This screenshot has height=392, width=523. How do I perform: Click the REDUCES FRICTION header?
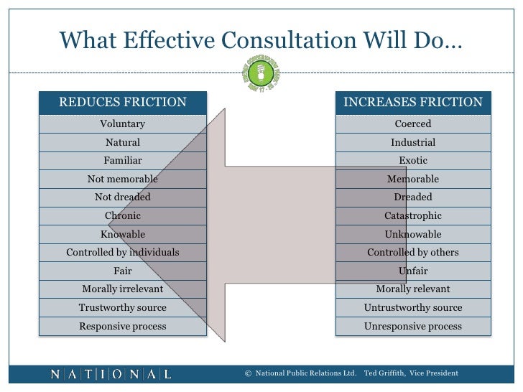pyautogui.click(x=122, y=102)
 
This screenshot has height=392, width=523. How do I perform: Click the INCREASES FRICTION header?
pyautogui.click(x=413, y=102)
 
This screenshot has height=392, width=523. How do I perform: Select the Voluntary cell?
pyautogui.click(x=122, y=124)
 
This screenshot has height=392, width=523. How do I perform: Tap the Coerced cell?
pyautogui.click(x=413, y=124)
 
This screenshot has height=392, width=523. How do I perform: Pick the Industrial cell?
pyautogui.click(x=413, y=143)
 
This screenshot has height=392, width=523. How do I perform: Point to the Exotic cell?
pyautogui.click(x=413, y=161)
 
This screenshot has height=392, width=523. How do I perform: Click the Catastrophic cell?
pyautogui.click(x=413, y=216)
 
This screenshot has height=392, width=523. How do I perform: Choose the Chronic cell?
pyautogui.click(x=122, y=216)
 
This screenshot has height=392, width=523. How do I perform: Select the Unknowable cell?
pyautogui.click(x=413, y=235)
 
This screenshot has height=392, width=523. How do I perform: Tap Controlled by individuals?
pyautogui.click(x=122, y=253)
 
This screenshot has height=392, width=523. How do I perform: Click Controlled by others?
pyautogui.click(x=413, y=253)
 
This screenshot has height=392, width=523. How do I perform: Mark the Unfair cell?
pyautogui.click(x=413, y=271)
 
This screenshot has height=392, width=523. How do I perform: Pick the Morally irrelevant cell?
pyautogui.click(x=122, y=289)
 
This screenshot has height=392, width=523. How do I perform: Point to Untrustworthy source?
pyautogui.click(x=413, y=308)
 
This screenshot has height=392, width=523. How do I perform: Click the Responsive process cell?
pyautogui.click(x=122, y=327)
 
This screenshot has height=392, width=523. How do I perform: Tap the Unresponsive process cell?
pyautogui.click(x=413, y=327)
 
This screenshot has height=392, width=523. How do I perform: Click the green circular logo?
pyautogui.click(x=261, y=75)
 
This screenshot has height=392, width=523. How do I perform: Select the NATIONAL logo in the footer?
pyautogui.click(x=111, y=373)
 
